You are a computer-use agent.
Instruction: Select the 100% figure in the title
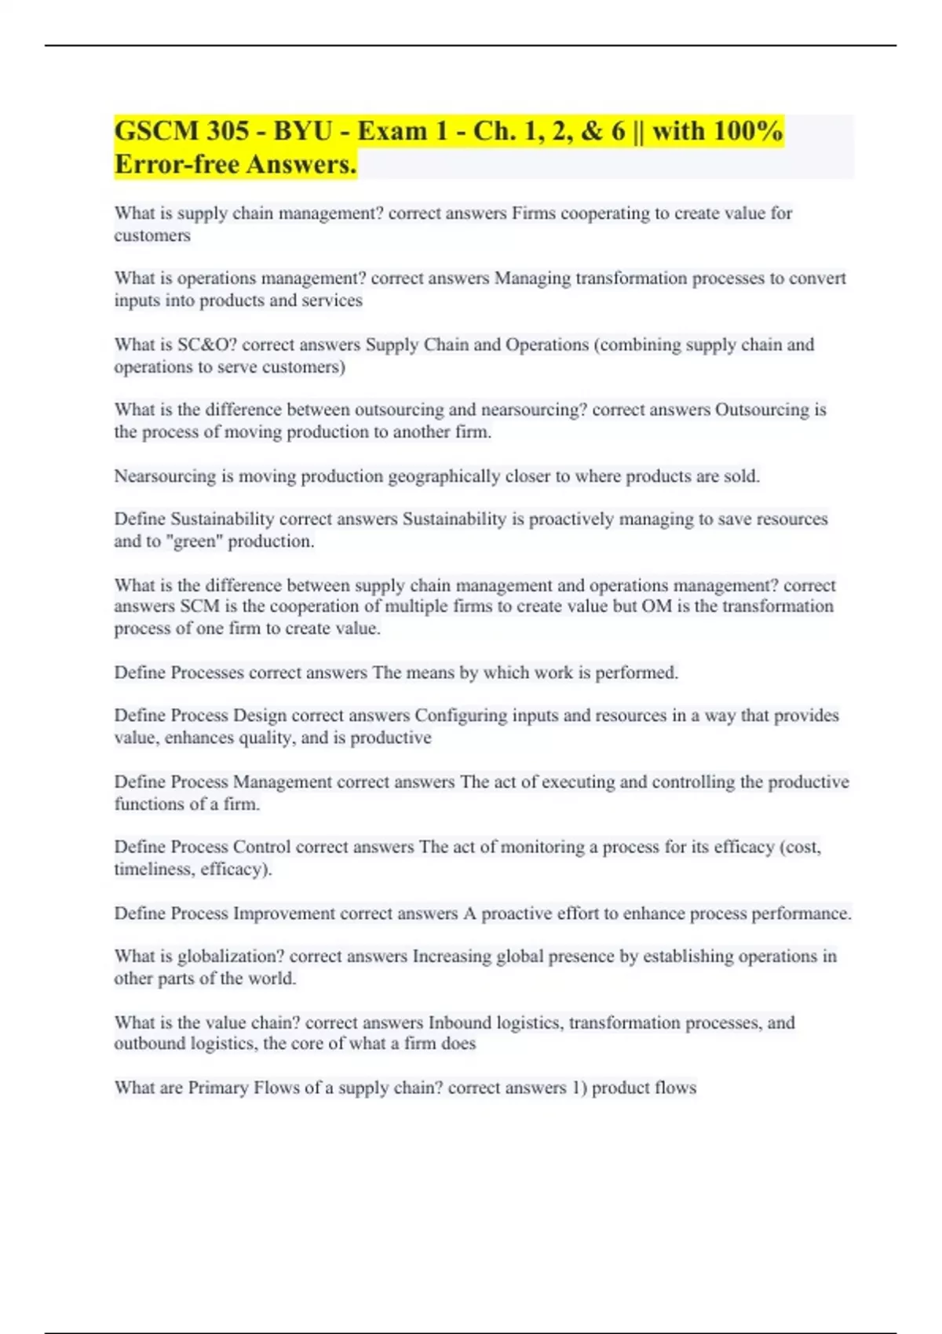pos(747,131)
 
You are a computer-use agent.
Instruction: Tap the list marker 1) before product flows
pos(579,1088)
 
